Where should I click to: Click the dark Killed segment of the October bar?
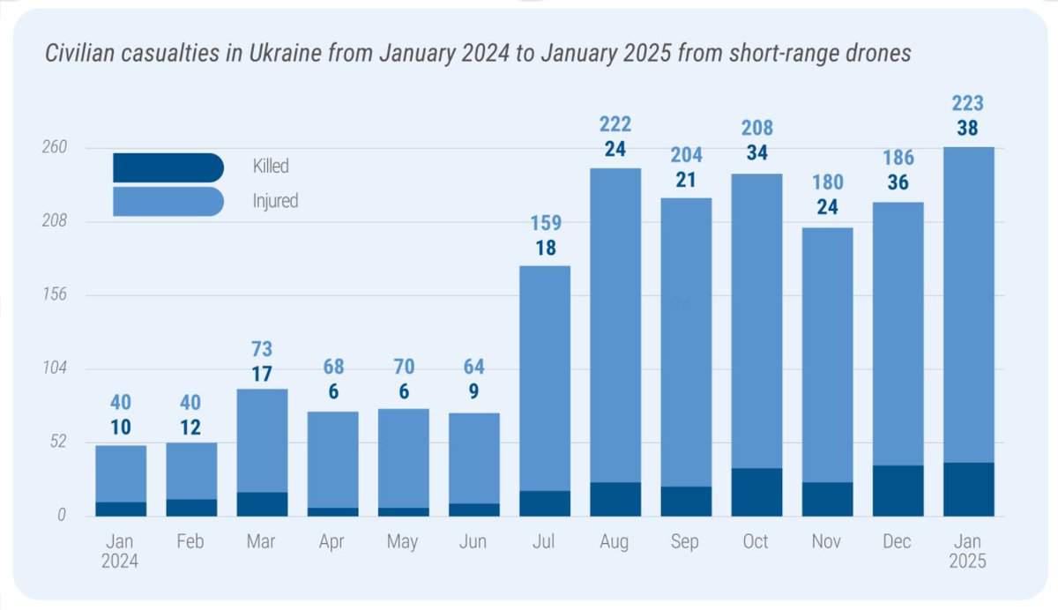pyautogui.click(x=756, y=492)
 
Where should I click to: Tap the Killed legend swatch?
pyautogui.click(x=168, y=167)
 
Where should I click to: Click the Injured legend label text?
pyautogui.click(x=275, y=201)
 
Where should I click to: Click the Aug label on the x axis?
pyautogui.click(x=614, y=542)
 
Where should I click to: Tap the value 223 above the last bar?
pyautogui.click(x=968, y=103)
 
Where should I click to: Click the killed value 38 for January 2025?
pyautogui.click(x=968, y=129)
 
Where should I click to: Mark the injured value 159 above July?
pyautogui.click(x=546, y=223)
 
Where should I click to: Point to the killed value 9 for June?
pyautogui.click(x=474, y=392)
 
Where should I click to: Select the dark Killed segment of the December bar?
pyautogui.click(x=898, y=490)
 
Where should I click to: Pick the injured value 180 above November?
pyautogui.click(x=827, y=183)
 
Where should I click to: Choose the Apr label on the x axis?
pyautogui.click(x=332, y=542)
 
